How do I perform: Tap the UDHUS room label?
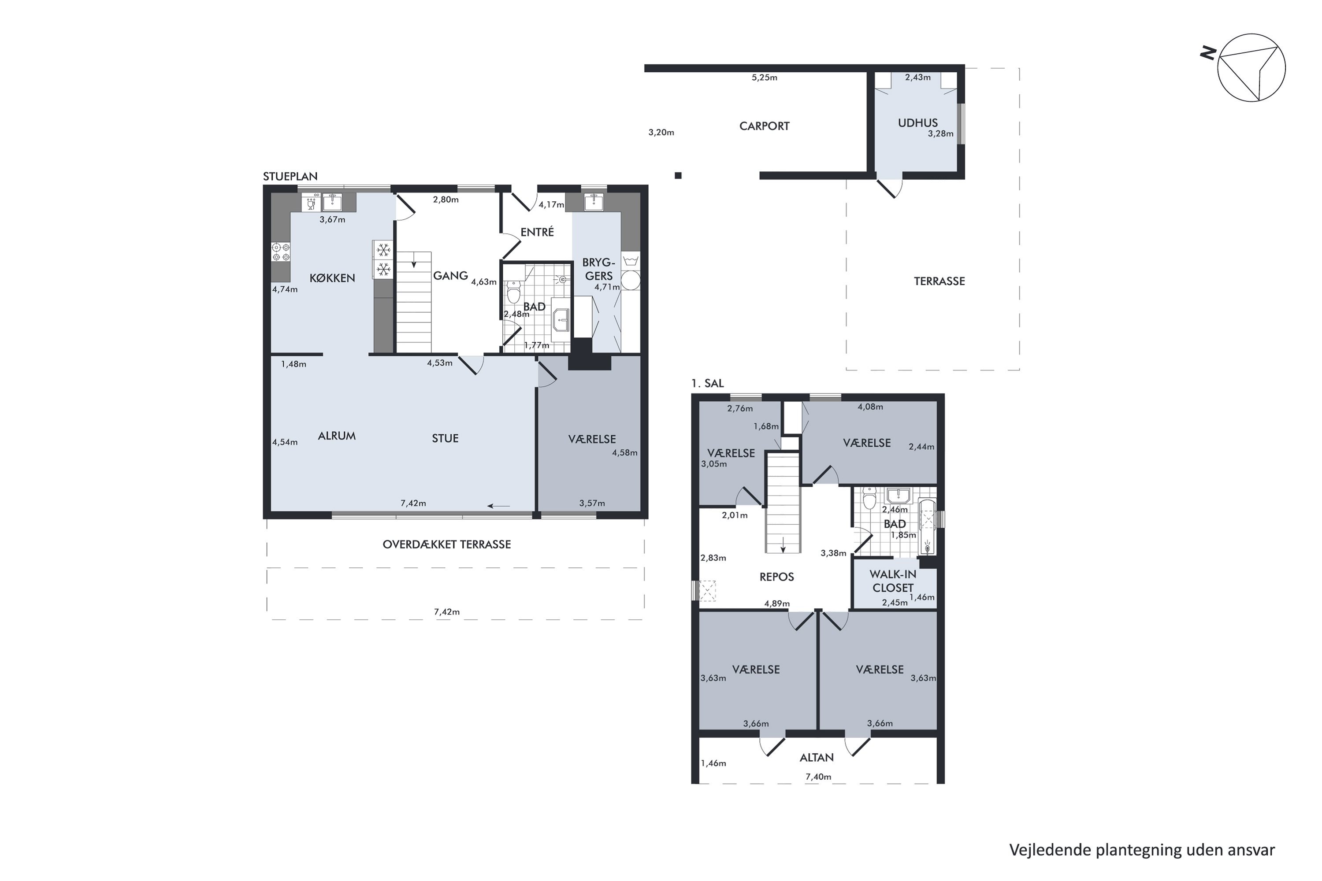tap(917, 123)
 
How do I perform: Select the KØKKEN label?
tap(332, 278)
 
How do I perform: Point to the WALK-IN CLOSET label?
tap(893, 581)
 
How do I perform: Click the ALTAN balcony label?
tap(817, 757)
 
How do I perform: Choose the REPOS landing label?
tap(777, 577)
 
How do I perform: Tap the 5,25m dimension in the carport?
tap(765, 78)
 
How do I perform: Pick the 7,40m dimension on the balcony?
tap(818, 777)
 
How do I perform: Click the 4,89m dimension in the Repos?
tap(777, 604)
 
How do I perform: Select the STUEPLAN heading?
tap(290, 177)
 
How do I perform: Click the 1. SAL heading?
tap(708, 383)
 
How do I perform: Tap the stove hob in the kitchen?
tap(280, 252)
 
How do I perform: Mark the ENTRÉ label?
tap(537, 232)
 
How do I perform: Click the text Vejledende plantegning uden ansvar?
tap(1142, 850)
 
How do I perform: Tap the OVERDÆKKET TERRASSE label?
tap(447, 544)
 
